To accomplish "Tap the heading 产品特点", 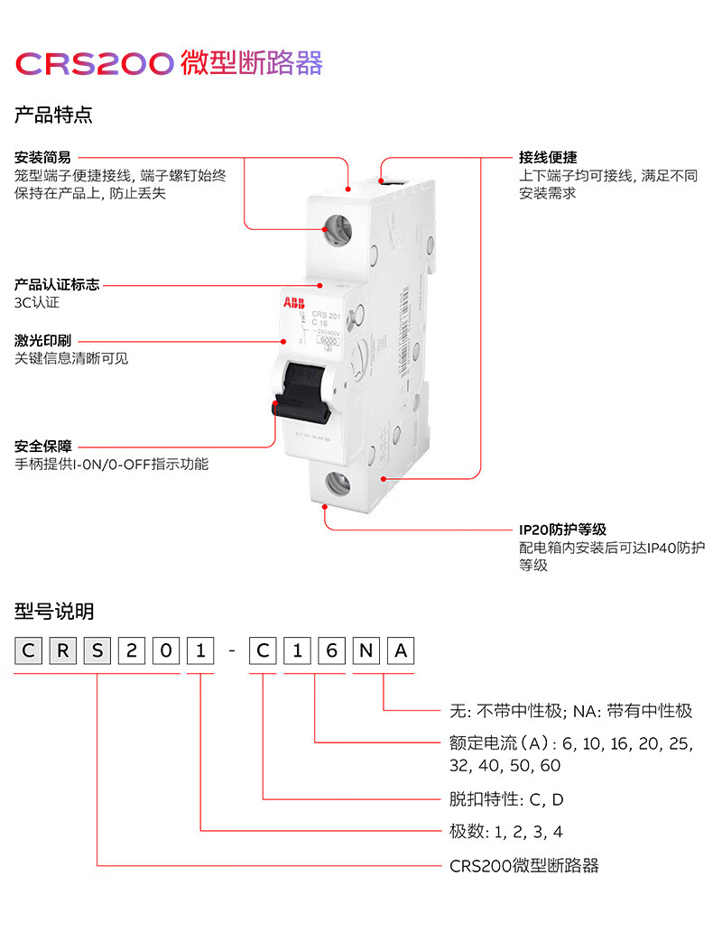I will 53,115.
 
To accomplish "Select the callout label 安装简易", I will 42,157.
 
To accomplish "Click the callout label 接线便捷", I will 548,157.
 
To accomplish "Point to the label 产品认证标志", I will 57,285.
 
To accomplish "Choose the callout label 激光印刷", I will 42,341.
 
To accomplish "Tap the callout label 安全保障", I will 42,447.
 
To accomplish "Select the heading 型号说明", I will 53,613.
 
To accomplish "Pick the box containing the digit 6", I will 330,651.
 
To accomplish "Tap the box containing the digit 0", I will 165,651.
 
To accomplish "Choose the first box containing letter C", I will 29,651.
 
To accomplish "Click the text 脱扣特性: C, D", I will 506,799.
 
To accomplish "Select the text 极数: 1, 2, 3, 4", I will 506,832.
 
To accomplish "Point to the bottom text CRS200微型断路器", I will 523,866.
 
